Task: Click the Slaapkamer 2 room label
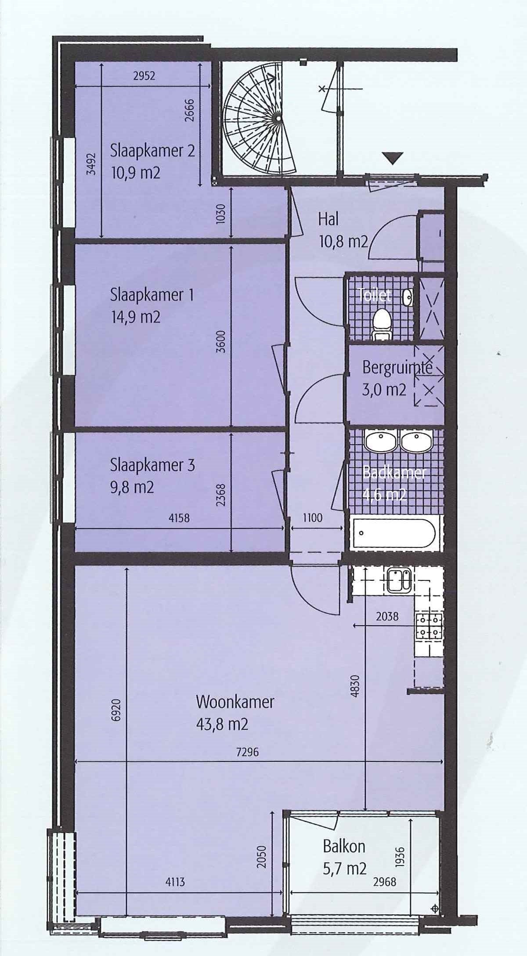pos(152,151)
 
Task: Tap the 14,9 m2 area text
pos(136,316)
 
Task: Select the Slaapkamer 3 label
pos(152,465)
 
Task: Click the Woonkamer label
pos(235,702)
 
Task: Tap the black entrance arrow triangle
pos(392,157)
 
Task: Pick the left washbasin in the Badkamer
pos(381,441)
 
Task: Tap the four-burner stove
pos(428,626)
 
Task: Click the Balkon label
pos(344,846)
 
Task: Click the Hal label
pos(328,218)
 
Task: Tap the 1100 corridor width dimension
pos(313,518)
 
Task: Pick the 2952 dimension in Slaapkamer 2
pos(144,76)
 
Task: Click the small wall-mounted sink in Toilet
pos(408,297)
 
